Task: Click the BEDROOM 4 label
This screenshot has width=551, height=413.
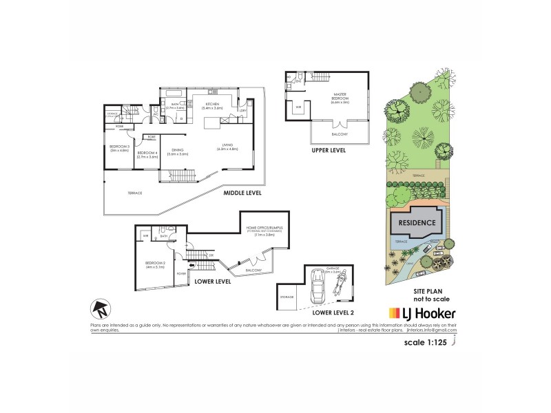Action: click(149, 153)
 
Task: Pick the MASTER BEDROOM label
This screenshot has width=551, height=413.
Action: click(340, 98)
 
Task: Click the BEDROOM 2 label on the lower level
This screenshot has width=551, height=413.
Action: click(155, 265)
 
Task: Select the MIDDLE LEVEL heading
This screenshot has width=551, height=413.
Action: click(242, 193)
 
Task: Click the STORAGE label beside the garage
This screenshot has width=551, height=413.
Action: click(287, 297)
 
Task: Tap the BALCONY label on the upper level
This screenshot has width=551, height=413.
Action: click(340, 134)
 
